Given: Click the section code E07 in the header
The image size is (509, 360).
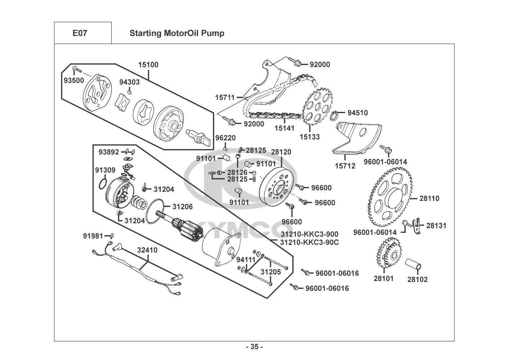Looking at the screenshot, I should [79, 33].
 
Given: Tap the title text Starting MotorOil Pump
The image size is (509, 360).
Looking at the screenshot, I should [177, 33].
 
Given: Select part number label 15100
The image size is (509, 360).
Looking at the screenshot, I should [148, 65].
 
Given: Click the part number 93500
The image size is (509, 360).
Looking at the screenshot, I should [74, 81].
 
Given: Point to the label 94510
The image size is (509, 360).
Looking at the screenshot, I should [358, 113].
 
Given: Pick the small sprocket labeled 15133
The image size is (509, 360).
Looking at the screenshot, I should [316, 104].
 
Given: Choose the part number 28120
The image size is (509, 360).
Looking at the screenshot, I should [281, 152].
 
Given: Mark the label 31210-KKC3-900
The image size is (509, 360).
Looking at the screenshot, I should [309, 234].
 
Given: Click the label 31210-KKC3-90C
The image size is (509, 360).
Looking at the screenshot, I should [309, 242].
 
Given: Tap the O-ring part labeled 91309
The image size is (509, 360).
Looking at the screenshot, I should [103, 184].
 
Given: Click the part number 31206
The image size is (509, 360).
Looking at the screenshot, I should [182, 207].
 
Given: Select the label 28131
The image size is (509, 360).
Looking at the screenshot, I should [436, 226].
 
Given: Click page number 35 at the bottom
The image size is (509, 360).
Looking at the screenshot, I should [254, 347].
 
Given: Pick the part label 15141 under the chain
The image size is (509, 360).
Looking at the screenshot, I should [284, 128].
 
